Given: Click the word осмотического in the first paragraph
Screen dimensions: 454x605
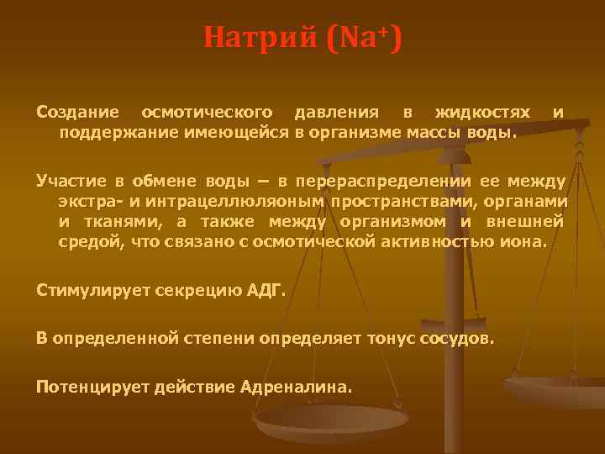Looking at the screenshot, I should point(207,112).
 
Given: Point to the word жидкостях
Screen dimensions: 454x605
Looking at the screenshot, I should point(482,112).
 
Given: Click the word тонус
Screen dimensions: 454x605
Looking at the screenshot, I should point(391,339).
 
